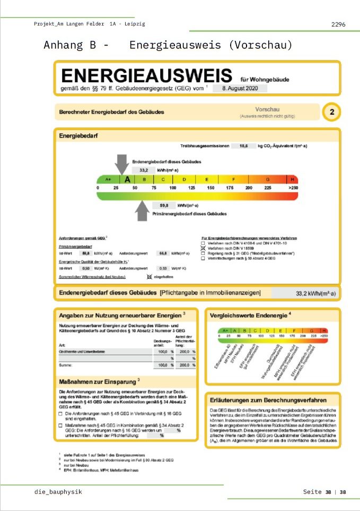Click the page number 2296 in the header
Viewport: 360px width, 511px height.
338,24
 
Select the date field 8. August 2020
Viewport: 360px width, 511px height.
239,88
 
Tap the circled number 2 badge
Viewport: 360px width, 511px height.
331,112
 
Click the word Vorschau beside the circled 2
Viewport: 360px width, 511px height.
267,109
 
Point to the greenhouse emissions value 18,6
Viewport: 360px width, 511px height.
243,145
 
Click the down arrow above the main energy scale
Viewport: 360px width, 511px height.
121,163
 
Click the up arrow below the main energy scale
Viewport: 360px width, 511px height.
142,211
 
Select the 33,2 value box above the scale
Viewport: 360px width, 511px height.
144,170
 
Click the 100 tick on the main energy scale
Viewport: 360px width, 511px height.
172,188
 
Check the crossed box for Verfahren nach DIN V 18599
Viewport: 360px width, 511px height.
202,248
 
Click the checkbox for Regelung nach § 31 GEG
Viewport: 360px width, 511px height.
202,254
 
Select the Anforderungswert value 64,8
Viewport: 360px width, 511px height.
163,254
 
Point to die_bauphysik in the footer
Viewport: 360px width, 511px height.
58,492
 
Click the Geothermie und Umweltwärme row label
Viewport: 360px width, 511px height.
86,351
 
